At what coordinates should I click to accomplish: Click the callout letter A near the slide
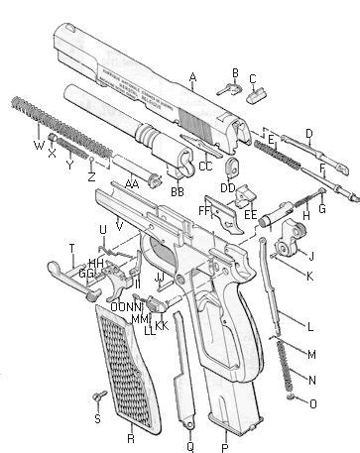(192, 77)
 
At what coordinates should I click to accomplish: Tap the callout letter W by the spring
(39, 146)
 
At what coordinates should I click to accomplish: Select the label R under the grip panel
(131, 437)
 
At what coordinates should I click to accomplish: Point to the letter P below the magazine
(225, 437)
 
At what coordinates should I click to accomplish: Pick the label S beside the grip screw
(97, 419)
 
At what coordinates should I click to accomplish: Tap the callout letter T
(71, 247)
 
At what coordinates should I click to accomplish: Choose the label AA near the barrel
(130, 183)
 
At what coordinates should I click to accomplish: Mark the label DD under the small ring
(227, 188)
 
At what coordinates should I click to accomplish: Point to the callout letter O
(312, 402)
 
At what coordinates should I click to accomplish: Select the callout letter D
(308, 132)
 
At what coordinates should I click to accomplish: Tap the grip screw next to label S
(98, 397)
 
